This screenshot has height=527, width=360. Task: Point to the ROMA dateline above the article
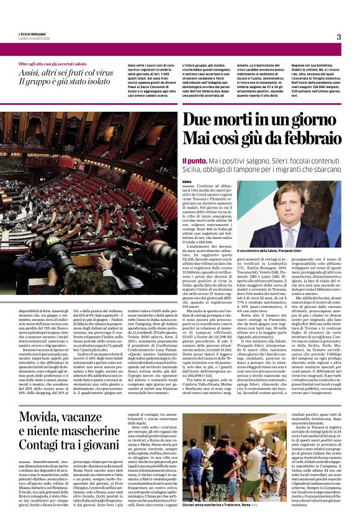[x=187, y=181]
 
